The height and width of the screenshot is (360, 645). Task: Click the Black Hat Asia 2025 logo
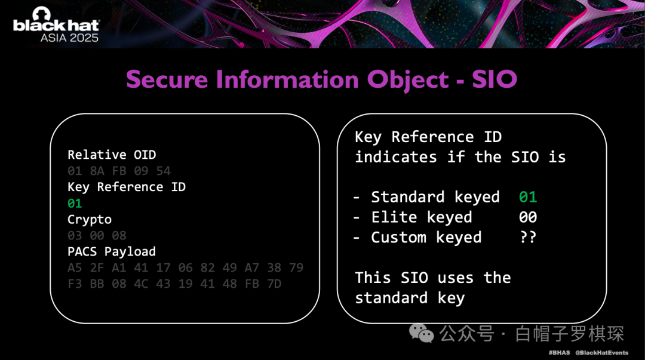[56, 24]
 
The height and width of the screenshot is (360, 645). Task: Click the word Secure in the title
[167, 79]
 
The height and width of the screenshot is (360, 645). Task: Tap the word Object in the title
[408, 80]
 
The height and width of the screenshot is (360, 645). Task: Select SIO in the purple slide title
[494, 79]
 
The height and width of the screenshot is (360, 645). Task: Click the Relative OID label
[112, 155]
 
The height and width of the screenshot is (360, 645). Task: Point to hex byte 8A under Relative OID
[97, 171]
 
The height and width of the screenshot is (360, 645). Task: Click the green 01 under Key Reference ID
[75, 203]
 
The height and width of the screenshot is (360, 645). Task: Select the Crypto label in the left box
[90, 220]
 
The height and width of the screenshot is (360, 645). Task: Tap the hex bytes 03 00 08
[97, 235]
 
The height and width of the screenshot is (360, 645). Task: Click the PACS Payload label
[112, 251]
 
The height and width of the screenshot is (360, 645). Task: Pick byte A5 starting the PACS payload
[75, 268]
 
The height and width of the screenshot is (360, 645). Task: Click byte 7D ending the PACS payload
[274, 284]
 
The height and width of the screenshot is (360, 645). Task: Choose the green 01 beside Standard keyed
[528, 197]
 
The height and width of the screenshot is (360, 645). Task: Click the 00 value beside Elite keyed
[528, 217]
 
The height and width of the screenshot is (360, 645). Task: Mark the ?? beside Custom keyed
[528, 238]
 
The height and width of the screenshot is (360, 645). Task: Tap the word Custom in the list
[398, 238]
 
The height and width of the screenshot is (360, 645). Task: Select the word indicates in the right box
[396, 157]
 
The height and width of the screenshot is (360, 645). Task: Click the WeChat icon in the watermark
[421, 333]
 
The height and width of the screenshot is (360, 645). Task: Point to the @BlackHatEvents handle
[601, 353]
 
